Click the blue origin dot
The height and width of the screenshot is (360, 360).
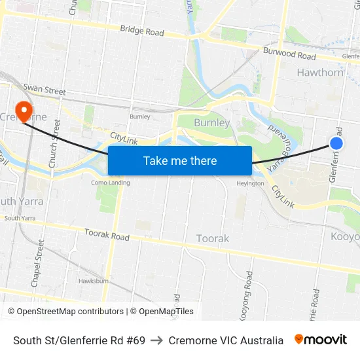tap(336, 143)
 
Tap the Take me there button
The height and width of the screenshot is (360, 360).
tap(180, 160)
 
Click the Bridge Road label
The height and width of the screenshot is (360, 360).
tap(141, 31)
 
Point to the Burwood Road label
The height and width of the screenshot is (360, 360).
tap(289, 53)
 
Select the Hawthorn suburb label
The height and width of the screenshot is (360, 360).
tap(320, 73)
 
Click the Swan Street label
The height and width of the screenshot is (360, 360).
tap(45, 90)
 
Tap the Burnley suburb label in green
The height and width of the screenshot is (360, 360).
tap(212, 123)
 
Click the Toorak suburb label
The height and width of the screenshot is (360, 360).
tap(213, 239)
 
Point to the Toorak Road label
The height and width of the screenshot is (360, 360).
tap(107, 234)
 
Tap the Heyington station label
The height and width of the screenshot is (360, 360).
tap(250, 183)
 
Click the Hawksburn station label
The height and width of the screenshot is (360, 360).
tap(93, 281)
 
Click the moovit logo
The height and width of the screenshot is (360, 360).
tap(321, 340)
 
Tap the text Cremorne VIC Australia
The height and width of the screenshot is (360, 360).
tap(226, 340)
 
